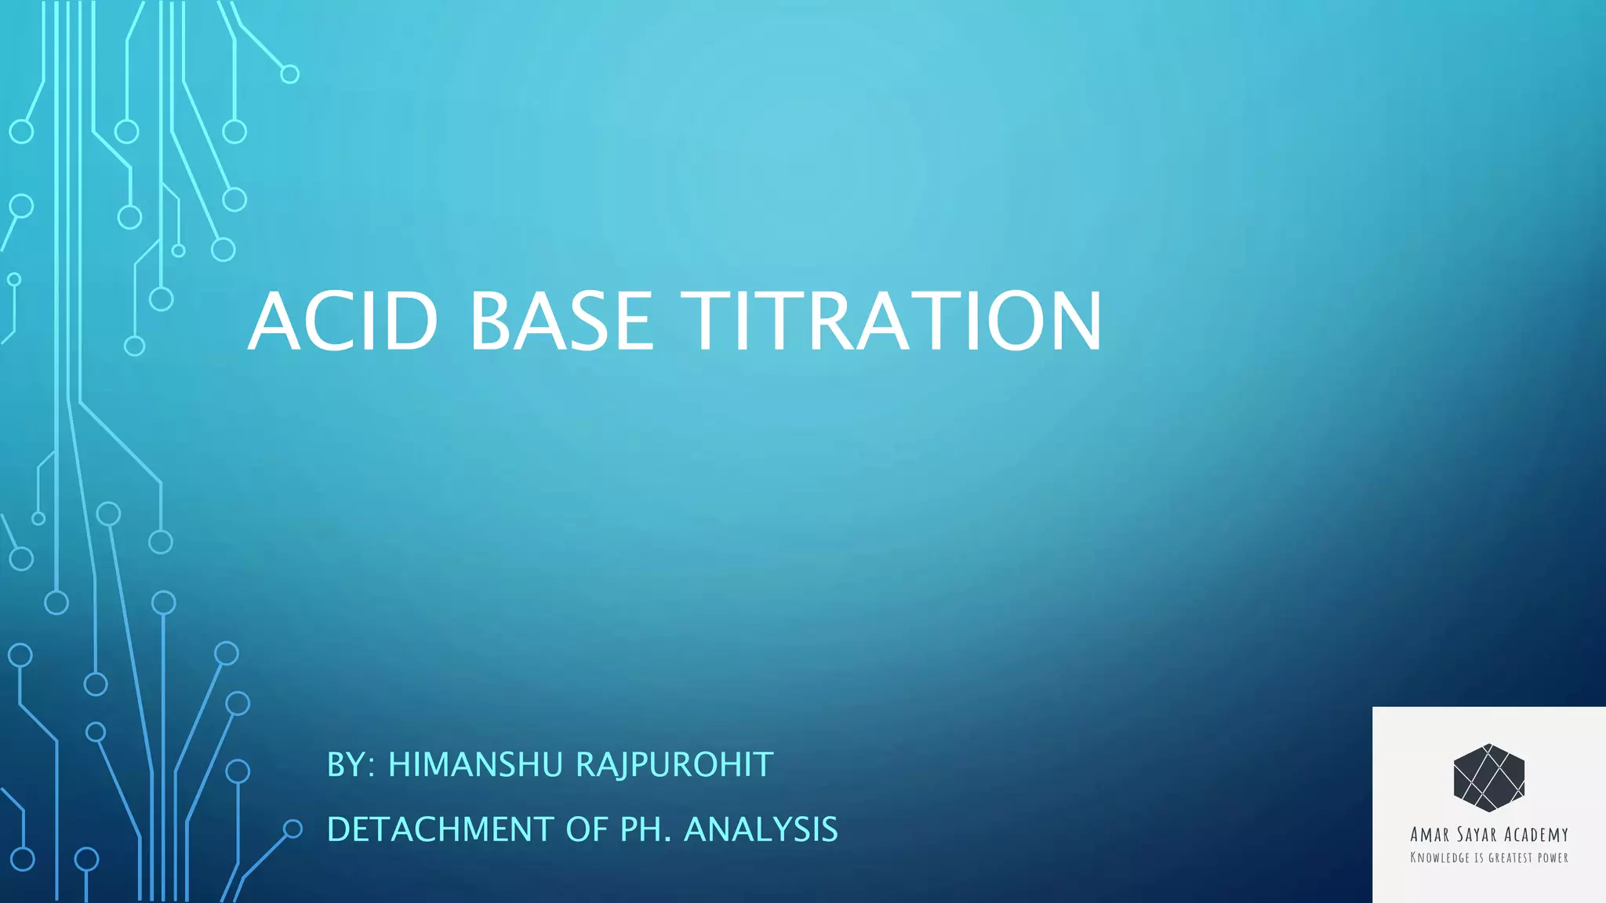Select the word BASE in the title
[x=561, y=321]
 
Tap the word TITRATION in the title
[x=892, y=321]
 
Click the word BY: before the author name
[x=351, y=765]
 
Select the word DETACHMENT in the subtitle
[x=440, y=829]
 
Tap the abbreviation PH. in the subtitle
[x=646, y=829]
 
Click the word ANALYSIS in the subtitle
[x=761, y=829]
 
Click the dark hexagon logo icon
[x=1488, y=778]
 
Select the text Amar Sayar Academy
[x=1488, y=835]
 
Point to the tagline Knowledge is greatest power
[x=1488, y=858]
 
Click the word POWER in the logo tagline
[x=1552, y=858]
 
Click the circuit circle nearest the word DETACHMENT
[x=292, y=829]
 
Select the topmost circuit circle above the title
[x=289, y=74]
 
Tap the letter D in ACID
[x=408, y=321]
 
